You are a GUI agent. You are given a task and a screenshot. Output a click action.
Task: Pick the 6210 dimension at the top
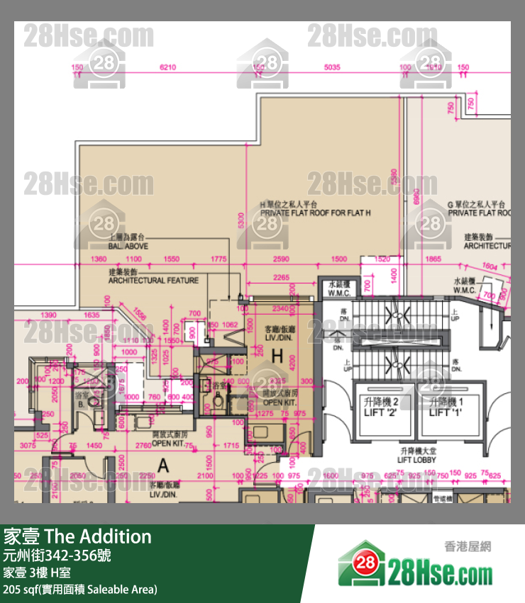168,67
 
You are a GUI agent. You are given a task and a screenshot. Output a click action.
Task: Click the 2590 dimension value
282,259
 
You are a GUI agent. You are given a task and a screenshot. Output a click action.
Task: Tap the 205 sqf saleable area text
80,589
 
